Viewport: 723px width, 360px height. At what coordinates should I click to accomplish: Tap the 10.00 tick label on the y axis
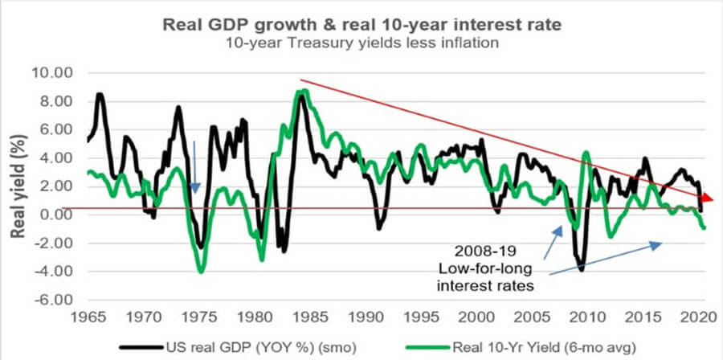pos(51,73)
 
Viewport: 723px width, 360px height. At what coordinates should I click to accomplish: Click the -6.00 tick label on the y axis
pos(51,300)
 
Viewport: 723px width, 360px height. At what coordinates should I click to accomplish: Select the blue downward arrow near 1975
pos(194,168)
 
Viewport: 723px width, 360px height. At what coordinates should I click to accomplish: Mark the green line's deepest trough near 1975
pos(201,272)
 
